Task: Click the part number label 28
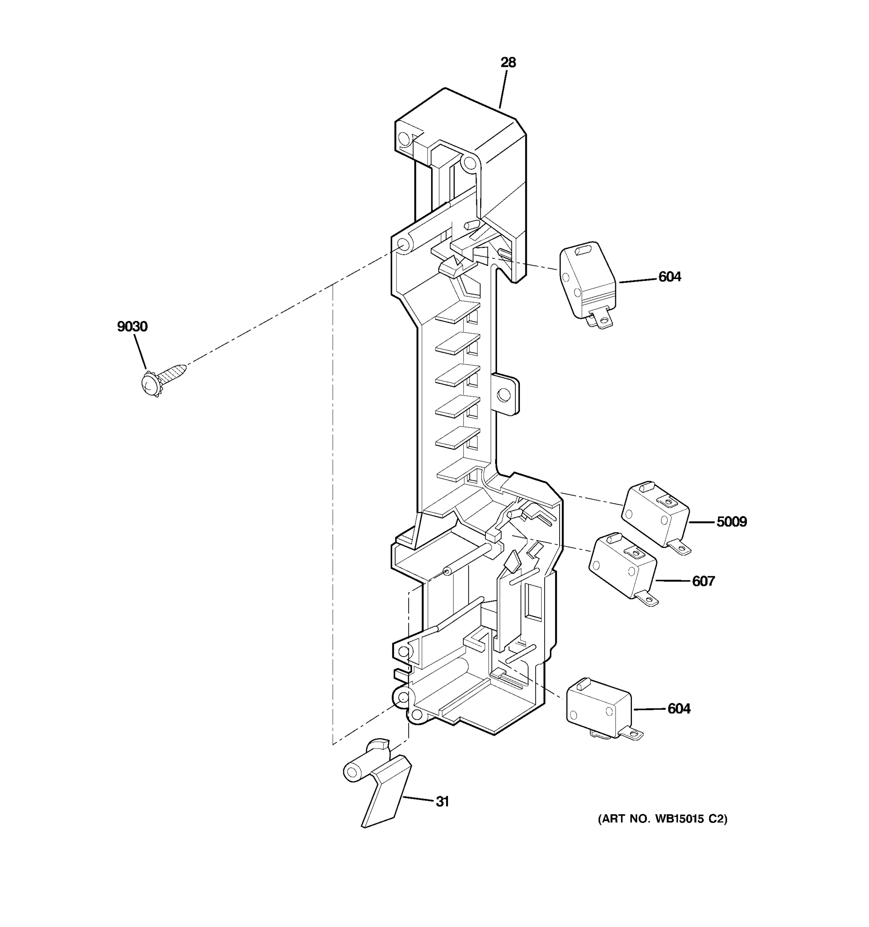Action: [508, 63]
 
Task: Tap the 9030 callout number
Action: [132, 326]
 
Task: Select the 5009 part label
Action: [731, 522]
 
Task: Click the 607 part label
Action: [703, 581]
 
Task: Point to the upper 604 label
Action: [669, 277]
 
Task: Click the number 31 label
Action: [442, 801]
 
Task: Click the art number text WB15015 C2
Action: [662, 819]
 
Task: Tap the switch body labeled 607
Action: [622, 569]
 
